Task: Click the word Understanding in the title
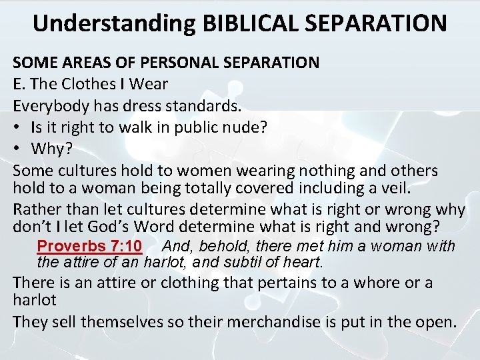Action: [114, 23]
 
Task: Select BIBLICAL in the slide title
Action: [246, 23]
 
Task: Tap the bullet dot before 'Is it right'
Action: [17, 127]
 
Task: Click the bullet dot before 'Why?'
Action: [17, 148]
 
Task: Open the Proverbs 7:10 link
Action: [89, 245]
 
